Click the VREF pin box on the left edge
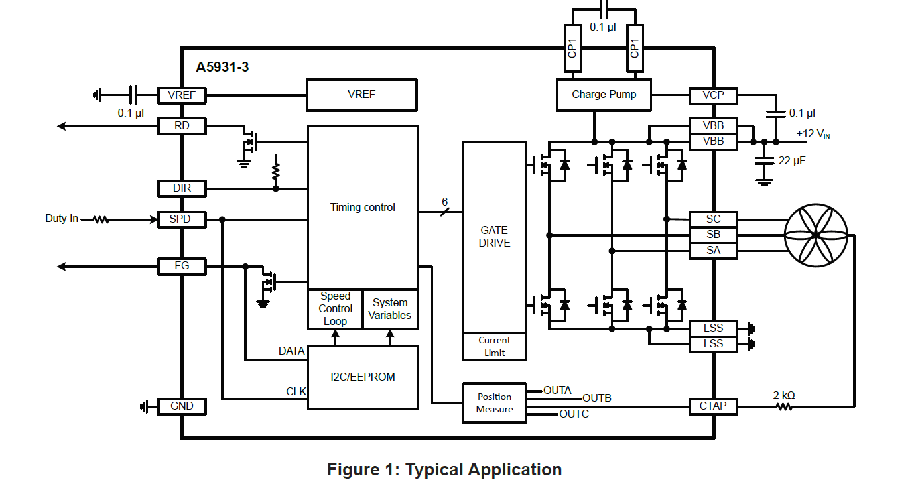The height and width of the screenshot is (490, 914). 182,95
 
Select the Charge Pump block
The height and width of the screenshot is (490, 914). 604,95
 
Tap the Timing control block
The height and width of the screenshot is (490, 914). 362,208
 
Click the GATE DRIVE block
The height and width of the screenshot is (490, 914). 494,237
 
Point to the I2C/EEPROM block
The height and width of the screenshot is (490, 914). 362,377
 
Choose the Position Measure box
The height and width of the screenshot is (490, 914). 494,402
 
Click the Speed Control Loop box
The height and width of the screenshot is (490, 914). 335,309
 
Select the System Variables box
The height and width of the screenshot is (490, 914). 390,309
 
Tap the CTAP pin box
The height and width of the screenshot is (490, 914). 713,406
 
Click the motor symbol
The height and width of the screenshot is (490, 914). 816,235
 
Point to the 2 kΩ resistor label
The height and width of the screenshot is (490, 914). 784,396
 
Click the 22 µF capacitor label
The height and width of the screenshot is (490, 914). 791,160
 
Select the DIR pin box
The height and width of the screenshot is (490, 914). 182,188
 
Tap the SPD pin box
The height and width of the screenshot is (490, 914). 182,219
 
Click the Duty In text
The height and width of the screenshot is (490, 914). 62,219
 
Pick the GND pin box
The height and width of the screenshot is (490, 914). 182,406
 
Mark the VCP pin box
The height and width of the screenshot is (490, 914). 713,95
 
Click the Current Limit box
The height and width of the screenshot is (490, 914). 494,347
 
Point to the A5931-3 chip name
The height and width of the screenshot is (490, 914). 222,67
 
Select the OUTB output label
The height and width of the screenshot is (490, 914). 597,398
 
